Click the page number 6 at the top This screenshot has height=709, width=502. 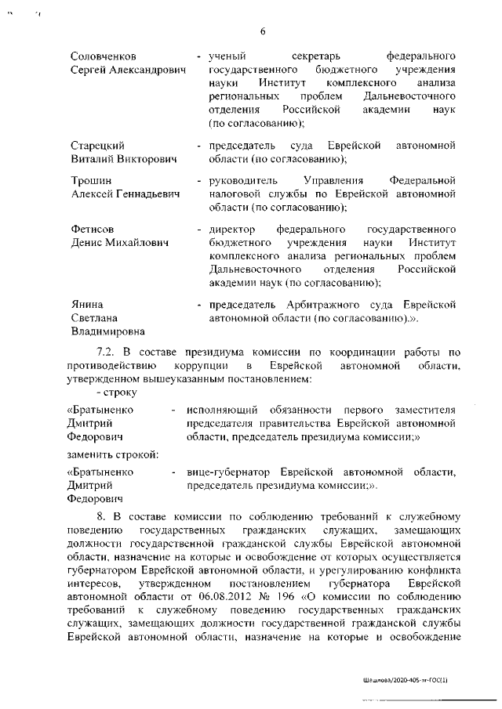[x=263, y=31]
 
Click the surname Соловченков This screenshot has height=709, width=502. [x=103, y=57]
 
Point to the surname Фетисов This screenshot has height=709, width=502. [x=93, y=230]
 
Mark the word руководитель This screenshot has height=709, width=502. [x=243, y=181]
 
